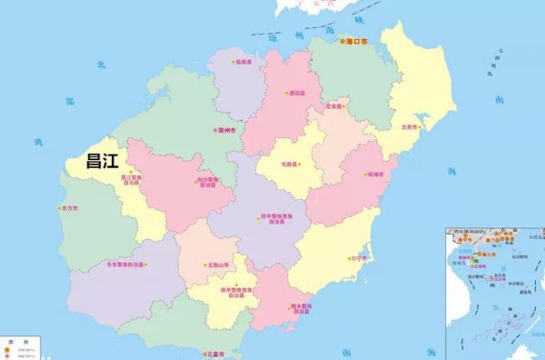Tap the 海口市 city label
point(358,42)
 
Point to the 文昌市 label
point(410,127)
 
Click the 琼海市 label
point(375,174)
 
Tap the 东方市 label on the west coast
point(69,208)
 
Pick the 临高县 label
point(243,63)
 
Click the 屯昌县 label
point(289,165)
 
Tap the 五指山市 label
point(215,265)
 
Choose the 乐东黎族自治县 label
point(125,265)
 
